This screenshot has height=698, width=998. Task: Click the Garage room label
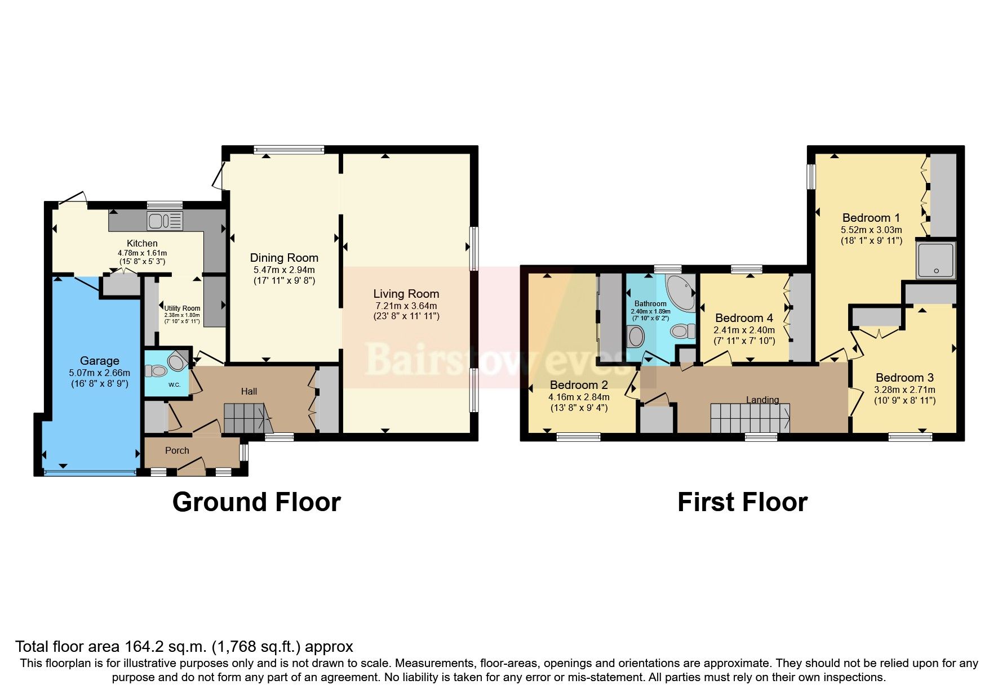pos(99,361)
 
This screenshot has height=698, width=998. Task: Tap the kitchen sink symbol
pos(165,220)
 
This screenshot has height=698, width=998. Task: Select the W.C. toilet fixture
pos(157,371)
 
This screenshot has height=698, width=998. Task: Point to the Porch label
pos(177,450)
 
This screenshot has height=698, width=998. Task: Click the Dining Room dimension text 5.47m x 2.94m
pos(284,270)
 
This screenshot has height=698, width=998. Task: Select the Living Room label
pos(406,293)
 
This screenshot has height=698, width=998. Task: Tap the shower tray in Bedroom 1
pos(935,260)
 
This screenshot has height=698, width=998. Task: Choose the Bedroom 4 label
pos(744,318)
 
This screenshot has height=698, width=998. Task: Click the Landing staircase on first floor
pos(749,418)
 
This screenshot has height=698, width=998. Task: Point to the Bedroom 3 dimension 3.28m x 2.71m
pos(904,390)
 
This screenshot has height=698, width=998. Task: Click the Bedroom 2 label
pos(579,385)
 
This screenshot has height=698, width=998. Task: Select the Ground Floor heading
pos(256,502)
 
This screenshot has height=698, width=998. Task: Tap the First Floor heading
pos(742,502)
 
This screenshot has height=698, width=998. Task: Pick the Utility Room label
pos(182,308)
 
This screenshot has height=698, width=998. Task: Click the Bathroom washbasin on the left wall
pos(636,337)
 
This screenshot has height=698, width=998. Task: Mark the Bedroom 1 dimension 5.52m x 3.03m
pos(871,230)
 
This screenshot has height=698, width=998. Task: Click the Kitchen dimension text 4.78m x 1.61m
pos(142,253)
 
